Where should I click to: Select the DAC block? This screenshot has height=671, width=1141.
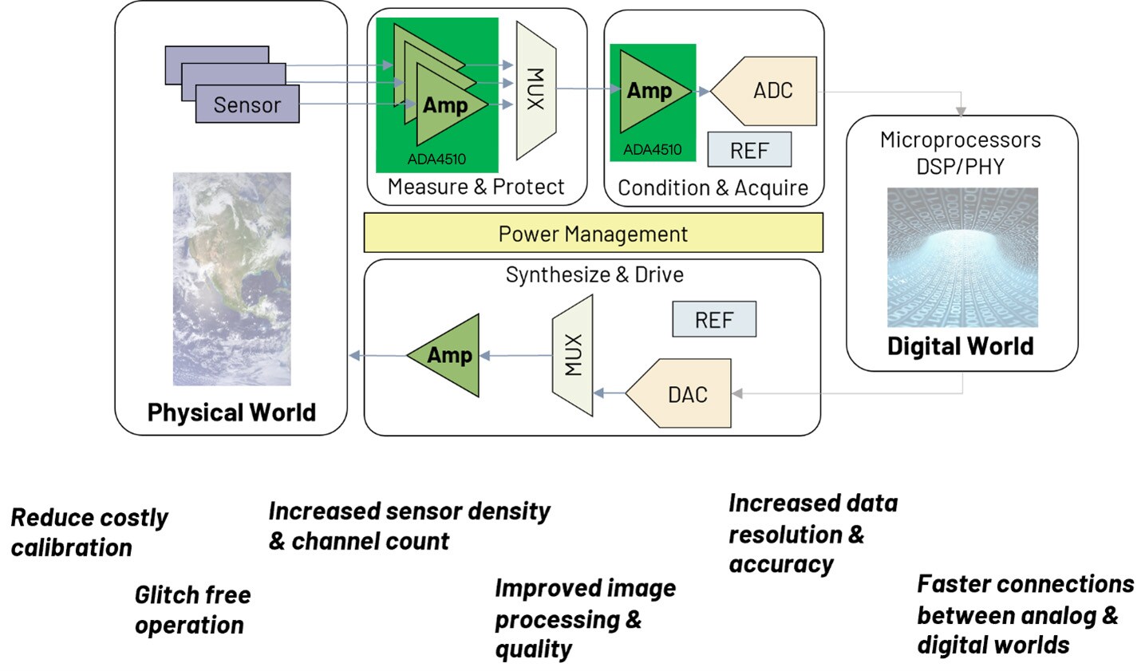pyautogui.click(x=682, y=394)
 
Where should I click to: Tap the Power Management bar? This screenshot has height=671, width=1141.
pyautogui.click(x=593, y=234)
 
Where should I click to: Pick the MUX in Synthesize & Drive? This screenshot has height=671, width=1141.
pyautogui.click(x=573, y=356)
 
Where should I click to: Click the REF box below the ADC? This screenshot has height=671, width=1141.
pyautogui.click(x=748, y=150)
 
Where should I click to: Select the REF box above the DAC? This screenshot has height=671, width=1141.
pyautogui.click(x=713, y=320)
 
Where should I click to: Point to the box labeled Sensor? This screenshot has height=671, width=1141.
pyautogui.click(x=247, y=105)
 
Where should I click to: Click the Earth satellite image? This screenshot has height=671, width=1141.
pyautogui.click(x=231, y=279)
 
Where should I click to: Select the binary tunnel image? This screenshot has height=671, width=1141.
pyautogui.click(x=962, y=257)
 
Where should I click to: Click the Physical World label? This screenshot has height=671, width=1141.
pyautogui.click(x=231, y=412)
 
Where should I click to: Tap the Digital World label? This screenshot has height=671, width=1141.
pyautogui.click(x=961, y=346)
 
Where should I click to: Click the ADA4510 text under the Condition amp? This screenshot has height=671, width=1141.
pyautogui.click(x=652, y=149)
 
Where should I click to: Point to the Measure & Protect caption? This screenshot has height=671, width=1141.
pyautogui.click(x=476, y=187)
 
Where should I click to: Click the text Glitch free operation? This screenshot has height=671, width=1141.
pyautogui.click(x=191, y=610)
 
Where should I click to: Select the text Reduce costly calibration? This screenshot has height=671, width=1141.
pyautogui.click(x=88, y=532)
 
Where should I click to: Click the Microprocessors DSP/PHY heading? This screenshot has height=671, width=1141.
pyautogui.click(x=961, y=152)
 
